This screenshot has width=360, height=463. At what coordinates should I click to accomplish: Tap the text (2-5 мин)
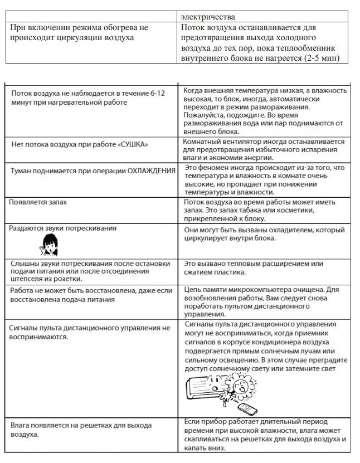[324, 59]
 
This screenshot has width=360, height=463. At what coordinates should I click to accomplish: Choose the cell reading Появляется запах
[38, 202]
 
